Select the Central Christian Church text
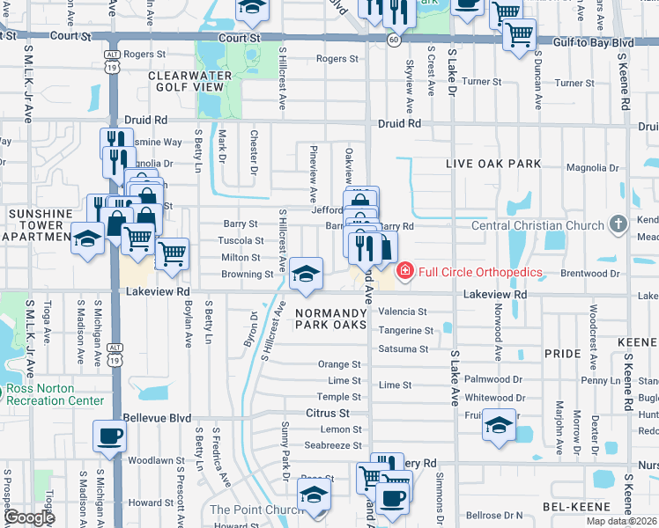tap(537, 226)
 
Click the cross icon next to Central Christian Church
tap(618, 225)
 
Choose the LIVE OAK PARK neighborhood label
tap(492, 165)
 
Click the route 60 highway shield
tap(394, 40)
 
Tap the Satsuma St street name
tap(403, 348)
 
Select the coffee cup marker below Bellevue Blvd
tap(109, 435)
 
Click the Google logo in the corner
tap(28, 517)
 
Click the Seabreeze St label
tap(333, 444)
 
